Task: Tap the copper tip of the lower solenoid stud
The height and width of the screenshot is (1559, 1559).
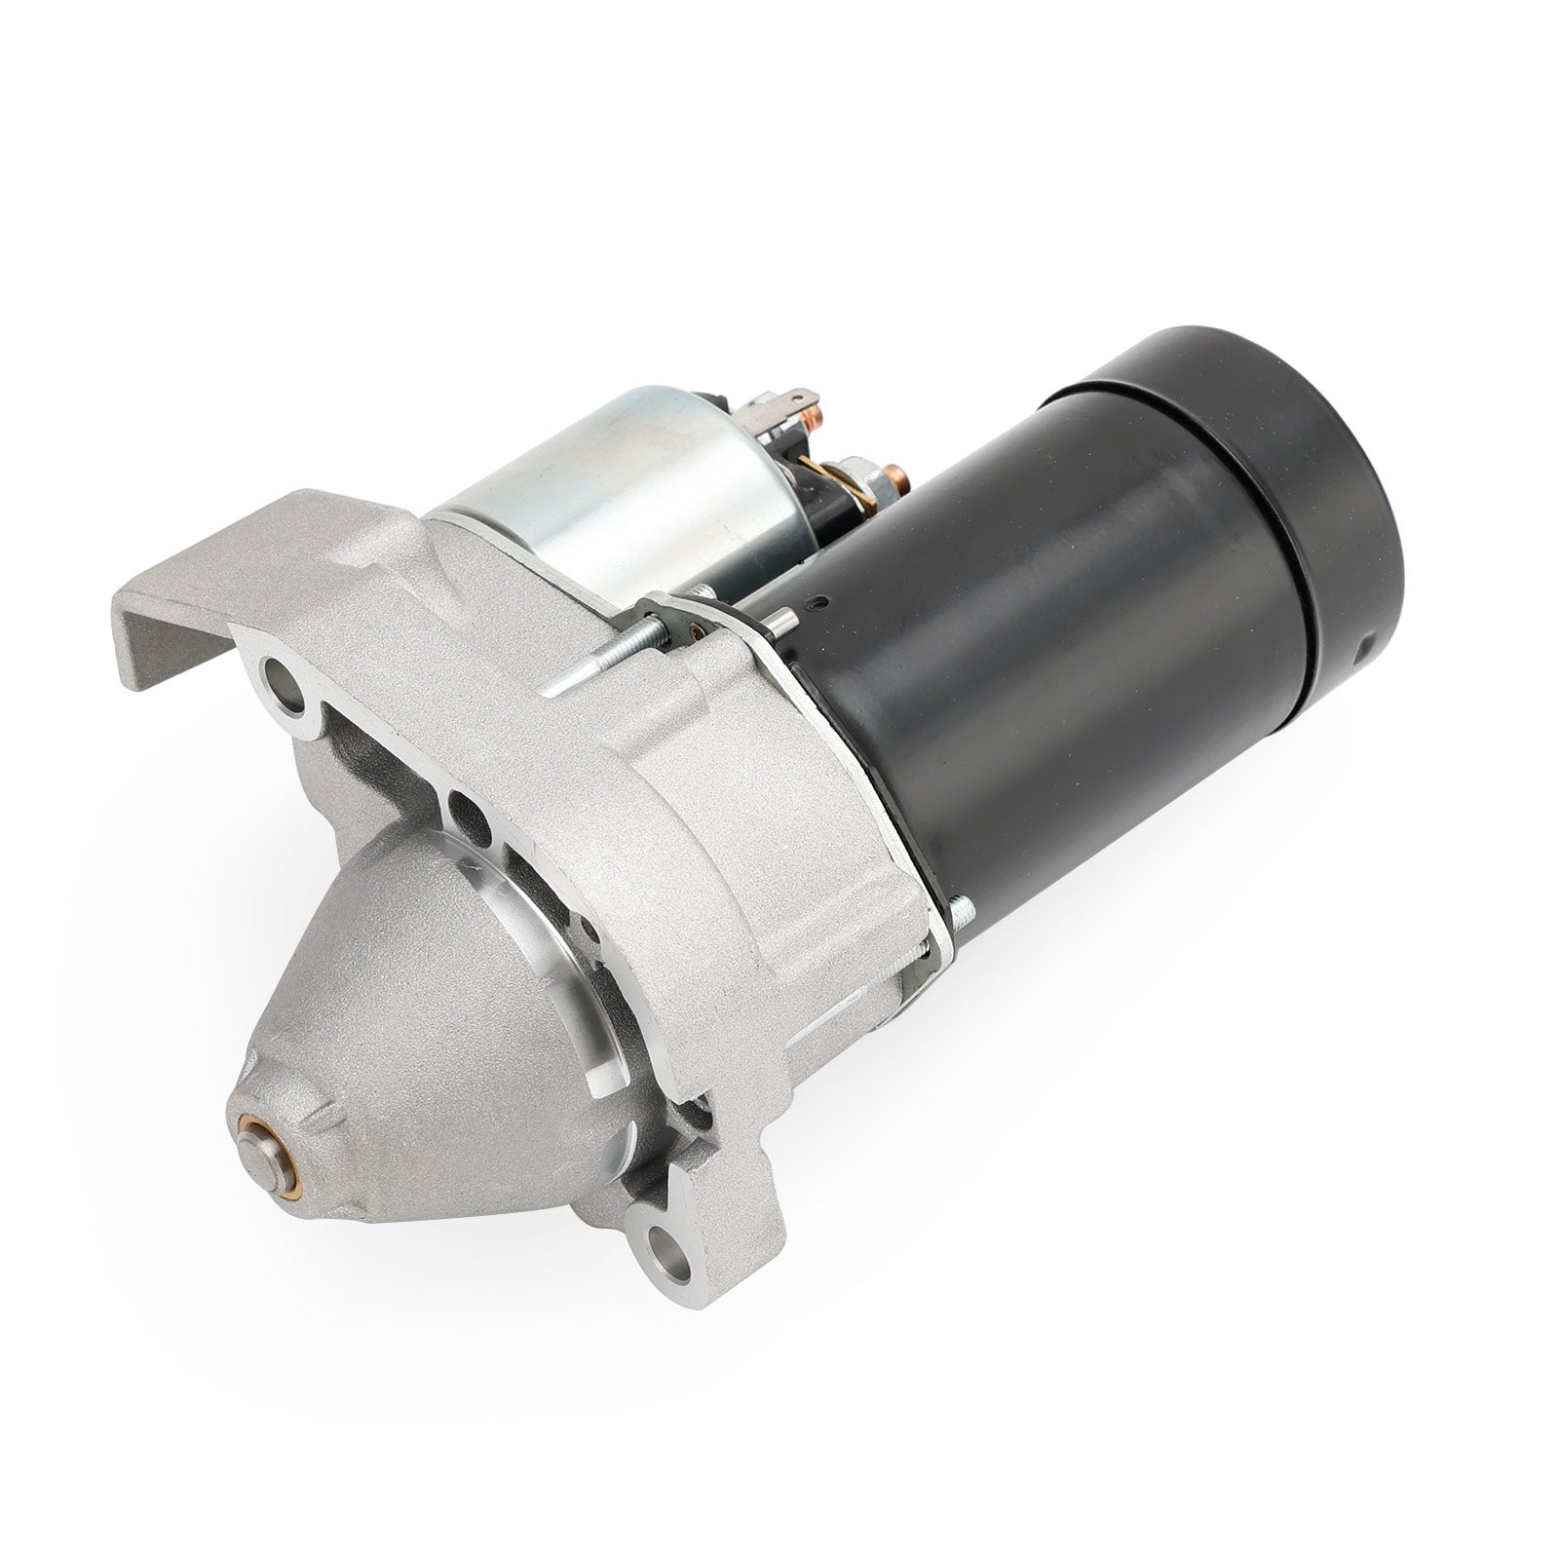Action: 897,479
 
